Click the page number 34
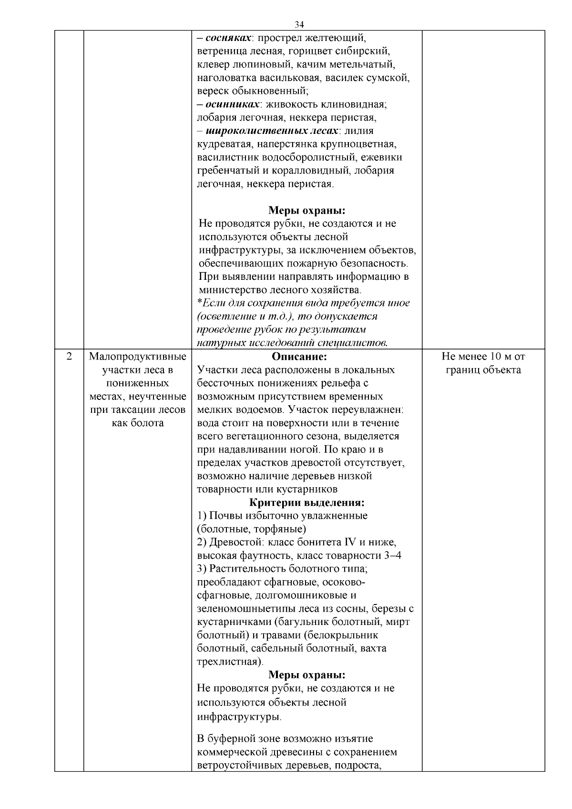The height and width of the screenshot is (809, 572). [299, 25]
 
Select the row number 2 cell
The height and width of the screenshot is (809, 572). [69, 357]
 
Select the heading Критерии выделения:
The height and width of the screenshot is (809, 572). [307, 502]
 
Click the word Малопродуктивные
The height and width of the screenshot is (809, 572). [137, 357]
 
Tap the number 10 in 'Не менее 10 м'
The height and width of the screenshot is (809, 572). [498, 357]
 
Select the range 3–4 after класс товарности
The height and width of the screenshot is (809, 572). [392, 555]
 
